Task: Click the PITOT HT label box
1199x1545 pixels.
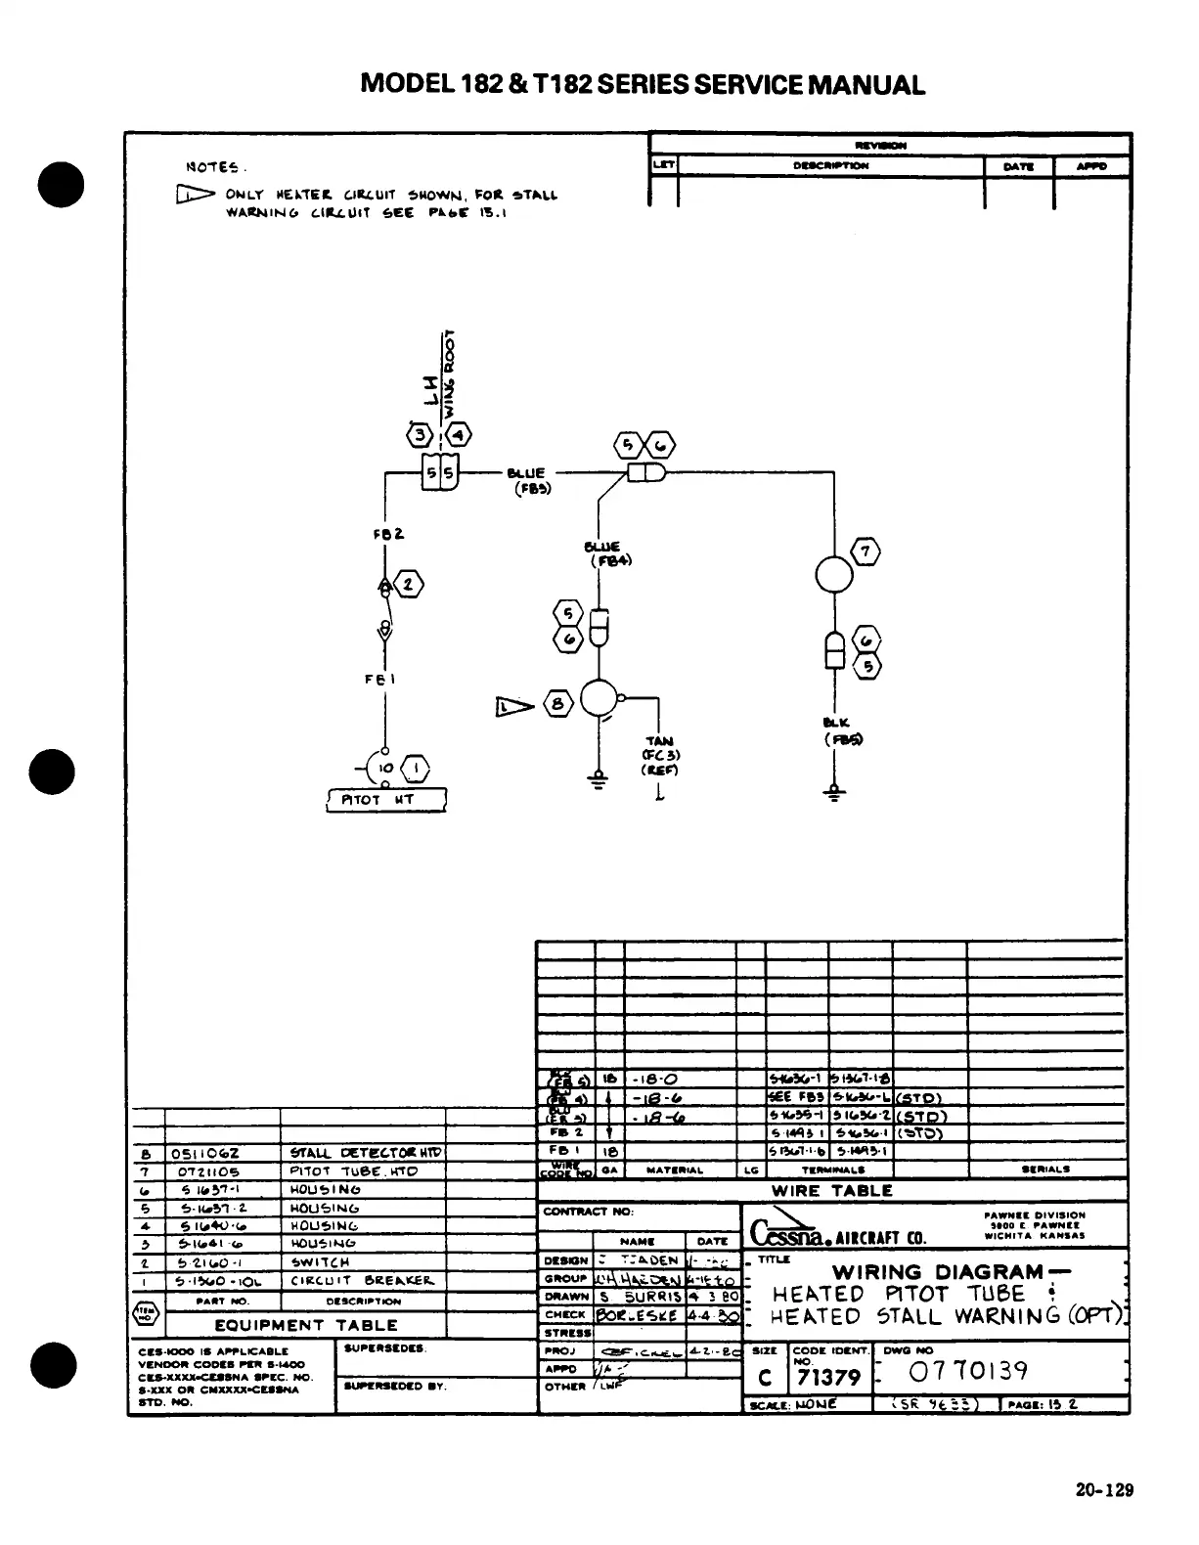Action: tap(385, 800)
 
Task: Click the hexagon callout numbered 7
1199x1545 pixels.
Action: tap(866, 552)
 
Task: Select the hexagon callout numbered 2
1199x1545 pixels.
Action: tap(408, 586)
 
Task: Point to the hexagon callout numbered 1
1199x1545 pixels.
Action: tap(415, 770)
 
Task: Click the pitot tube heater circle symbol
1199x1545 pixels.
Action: tap(833, 574)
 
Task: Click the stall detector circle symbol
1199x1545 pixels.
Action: tap(598, 700)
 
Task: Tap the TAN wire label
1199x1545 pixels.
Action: tap(659, 741)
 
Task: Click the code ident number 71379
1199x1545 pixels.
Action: tap(828, 1378)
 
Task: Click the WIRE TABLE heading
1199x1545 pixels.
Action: tap(832, 1191)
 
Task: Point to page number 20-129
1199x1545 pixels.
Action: tap(1104, 1490)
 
